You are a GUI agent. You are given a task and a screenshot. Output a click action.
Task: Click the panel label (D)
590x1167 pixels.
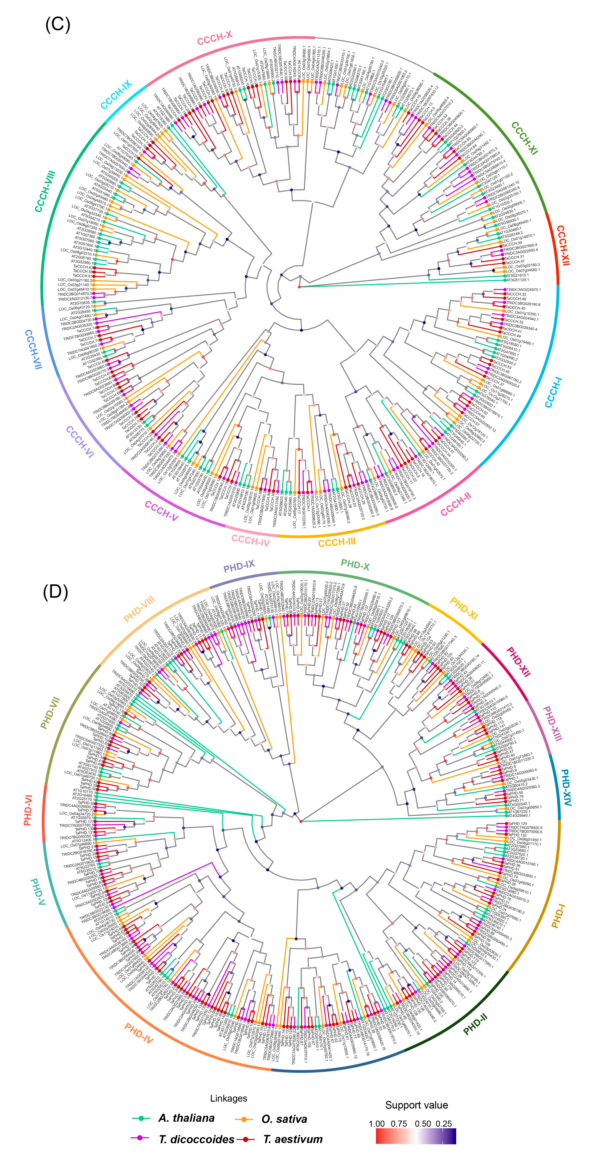click(x=55, y=592)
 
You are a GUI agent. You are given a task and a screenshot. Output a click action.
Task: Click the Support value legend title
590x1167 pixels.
click(x=416, y=1105)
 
